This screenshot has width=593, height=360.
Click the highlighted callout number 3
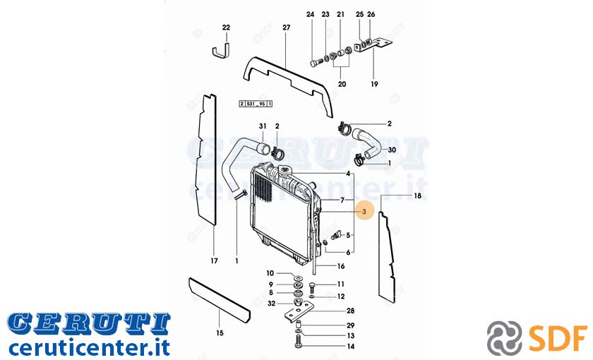364,211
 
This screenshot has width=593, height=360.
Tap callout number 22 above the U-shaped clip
226,28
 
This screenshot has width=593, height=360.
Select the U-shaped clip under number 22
220,51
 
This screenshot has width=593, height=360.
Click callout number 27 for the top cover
287,28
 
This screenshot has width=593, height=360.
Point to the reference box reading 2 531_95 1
256,104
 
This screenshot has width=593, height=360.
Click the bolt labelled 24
315,62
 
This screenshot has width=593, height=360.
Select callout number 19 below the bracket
374,84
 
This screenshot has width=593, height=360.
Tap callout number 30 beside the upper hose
392,150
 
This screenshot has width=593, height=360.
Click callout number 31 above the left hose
263,126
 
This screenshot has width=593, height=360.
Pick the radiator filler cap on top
284,170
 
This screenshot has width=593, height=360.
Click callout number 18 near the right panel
417,196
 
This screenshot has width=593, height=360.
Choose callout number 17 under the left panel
214,261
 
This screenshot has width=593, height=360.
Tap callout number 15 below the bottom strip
220,333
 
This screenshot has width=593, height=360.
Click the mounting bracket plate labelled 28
299,313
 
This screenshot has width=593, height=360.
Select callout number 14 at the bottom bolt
351,347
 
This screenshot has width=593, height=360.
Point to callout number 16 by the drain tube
341,266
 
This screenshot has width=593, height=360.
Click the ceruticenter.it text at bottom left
89,347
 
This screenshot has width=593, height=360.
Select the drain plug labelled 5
335,234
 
